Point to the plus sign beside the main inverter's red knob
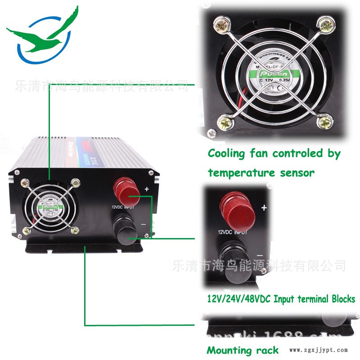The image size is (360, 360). coord(146,189)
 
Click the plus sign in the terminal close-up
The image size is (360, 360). coord(264,207)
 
